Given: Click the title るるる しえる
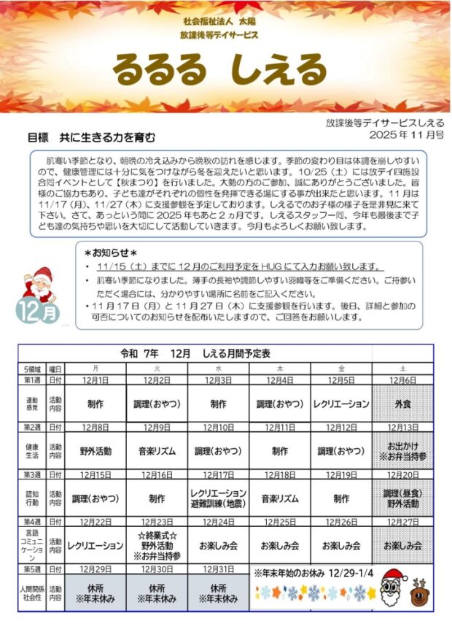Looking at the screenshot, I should (219, 71).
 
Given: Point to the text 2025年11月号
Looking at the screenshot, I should (406, 135).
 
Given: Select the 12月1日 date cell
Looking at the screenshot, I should (96, 380).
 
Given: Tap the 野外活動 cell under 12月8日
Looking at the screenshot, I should (96, 451).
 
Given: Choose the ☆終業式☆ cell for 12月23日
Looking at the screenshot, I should (157, 545).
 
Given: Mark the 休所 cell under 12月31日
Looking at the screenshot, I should (219, 593).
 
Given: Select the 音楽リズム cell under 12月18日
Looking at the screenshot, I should (280, 499).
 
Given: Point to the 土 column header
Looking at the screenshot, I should (403, 369).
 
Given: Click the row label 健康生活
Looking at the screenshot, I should (32, 450).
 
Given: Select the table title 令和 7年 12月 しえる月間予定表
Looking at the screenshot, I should (195, 353).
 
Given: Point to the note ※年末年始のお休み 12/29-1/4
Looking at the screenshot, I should (313, 574).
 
